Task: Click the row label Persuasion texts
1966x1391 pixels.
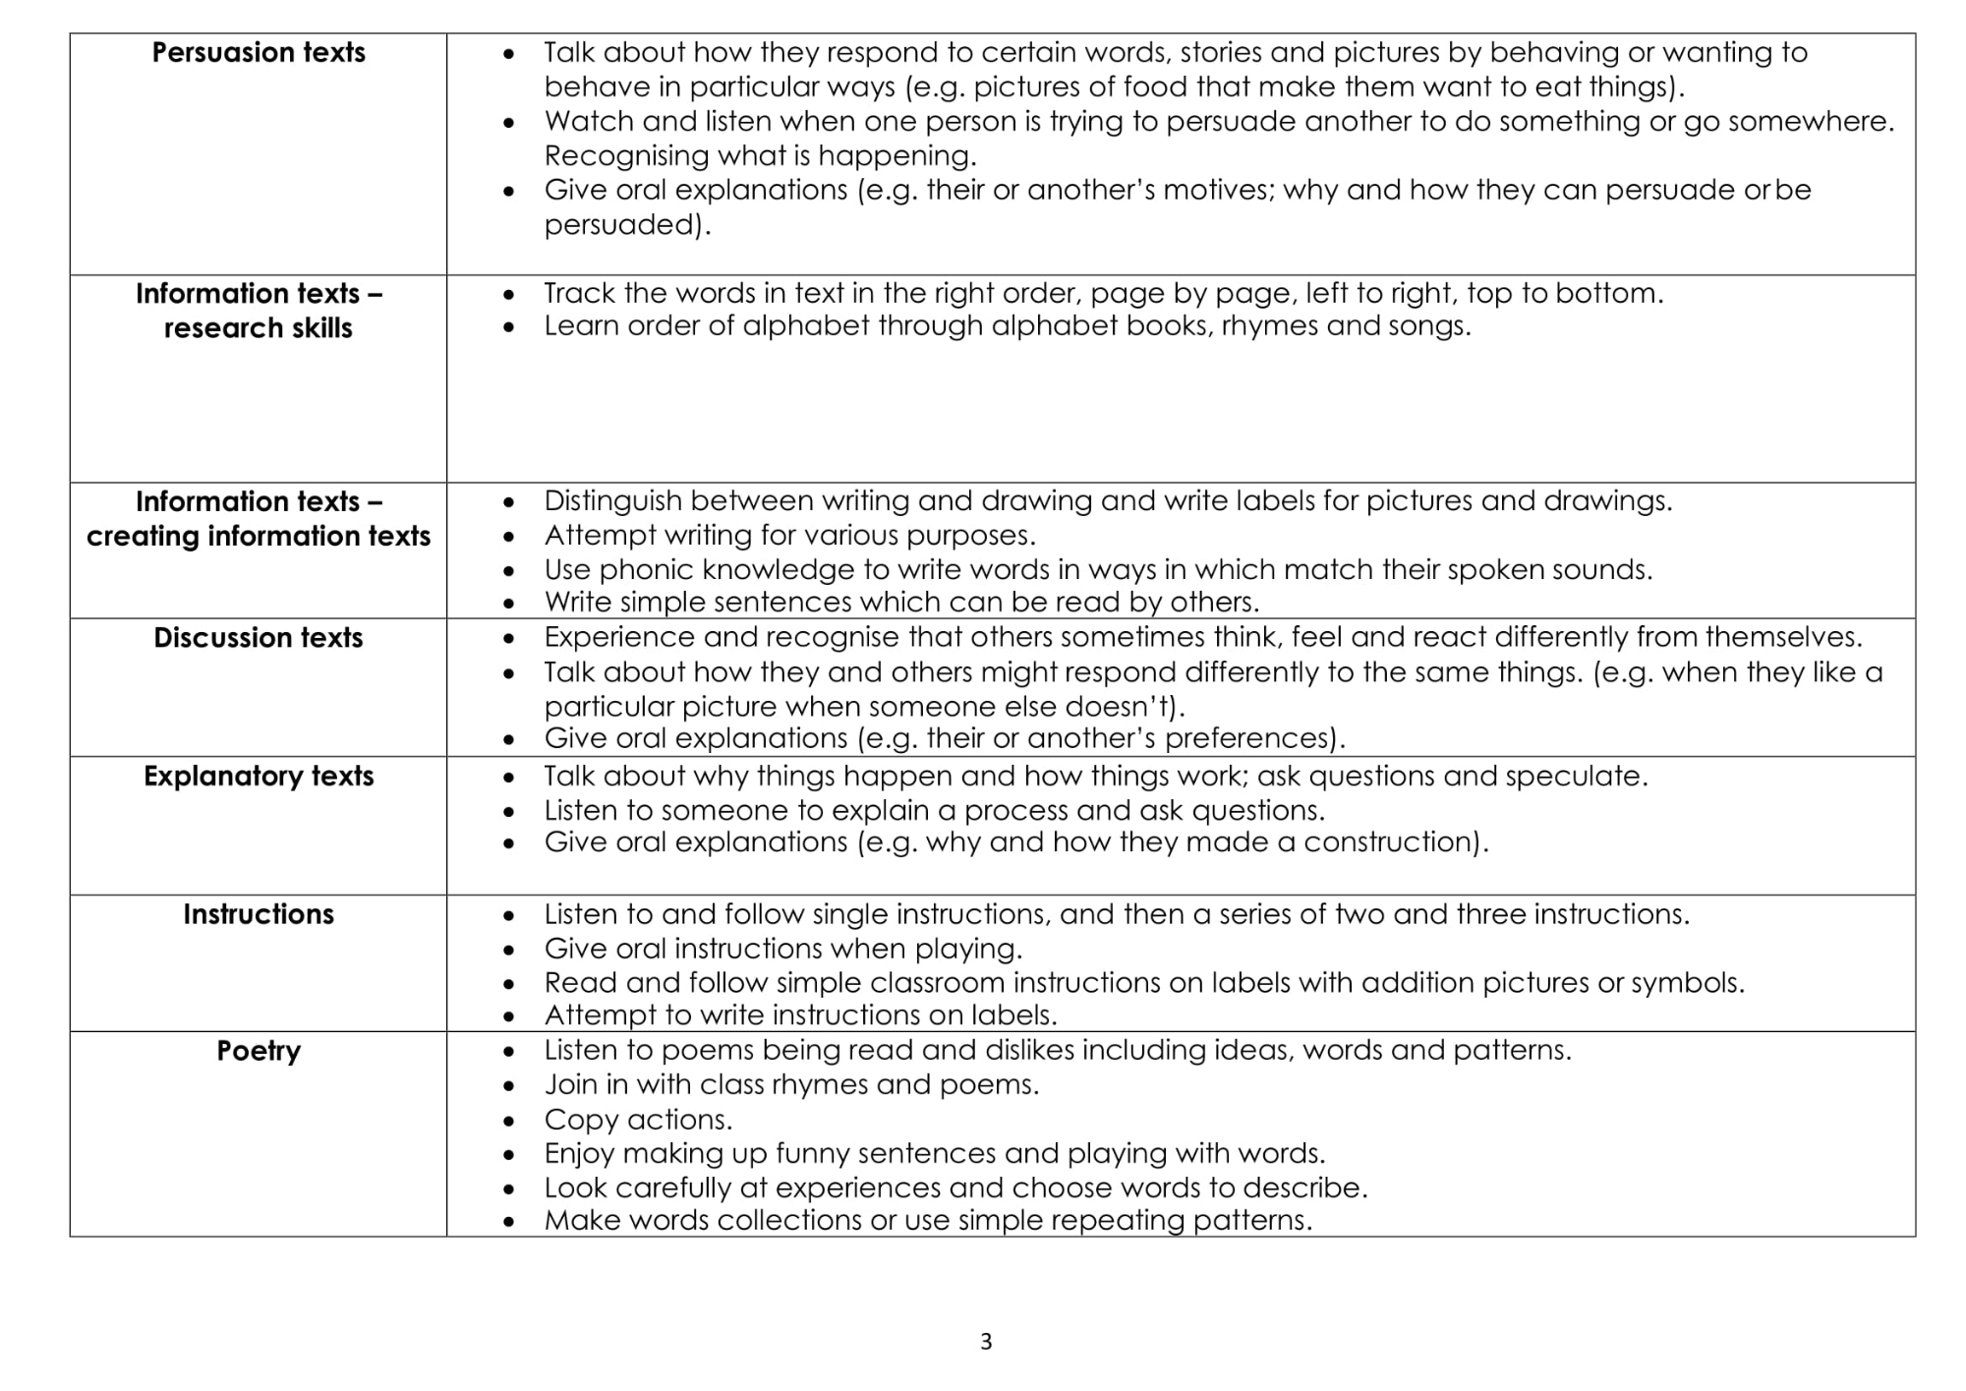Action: click(x=259, y=52)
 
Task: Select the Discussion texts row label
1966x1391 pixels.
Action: click(x=259, y=638)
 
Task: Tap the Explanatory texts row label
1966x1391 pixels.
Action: click(x=259, y=777)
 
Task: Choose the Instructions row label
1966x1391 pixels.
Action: click(x=259, y=914)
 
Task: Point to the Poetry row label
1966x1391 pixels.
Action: click(x=259, y=1051)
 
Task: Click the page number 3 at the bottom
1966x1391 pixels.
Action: click(x=986, y=1342)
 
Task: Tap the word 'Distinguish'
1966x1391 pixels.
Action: click(x=612, y=501)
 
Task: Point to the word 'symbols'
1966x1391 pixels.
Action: click(x=1685, y=983)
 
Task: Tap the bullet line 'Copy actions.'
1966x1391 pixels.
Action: click(x=638, y=1120)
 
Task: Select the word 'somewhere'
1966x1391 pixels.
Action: click(x=1809, y=122)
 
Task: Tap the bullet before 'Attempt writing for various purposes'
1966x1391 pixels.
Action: click(x=508, y=537)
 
